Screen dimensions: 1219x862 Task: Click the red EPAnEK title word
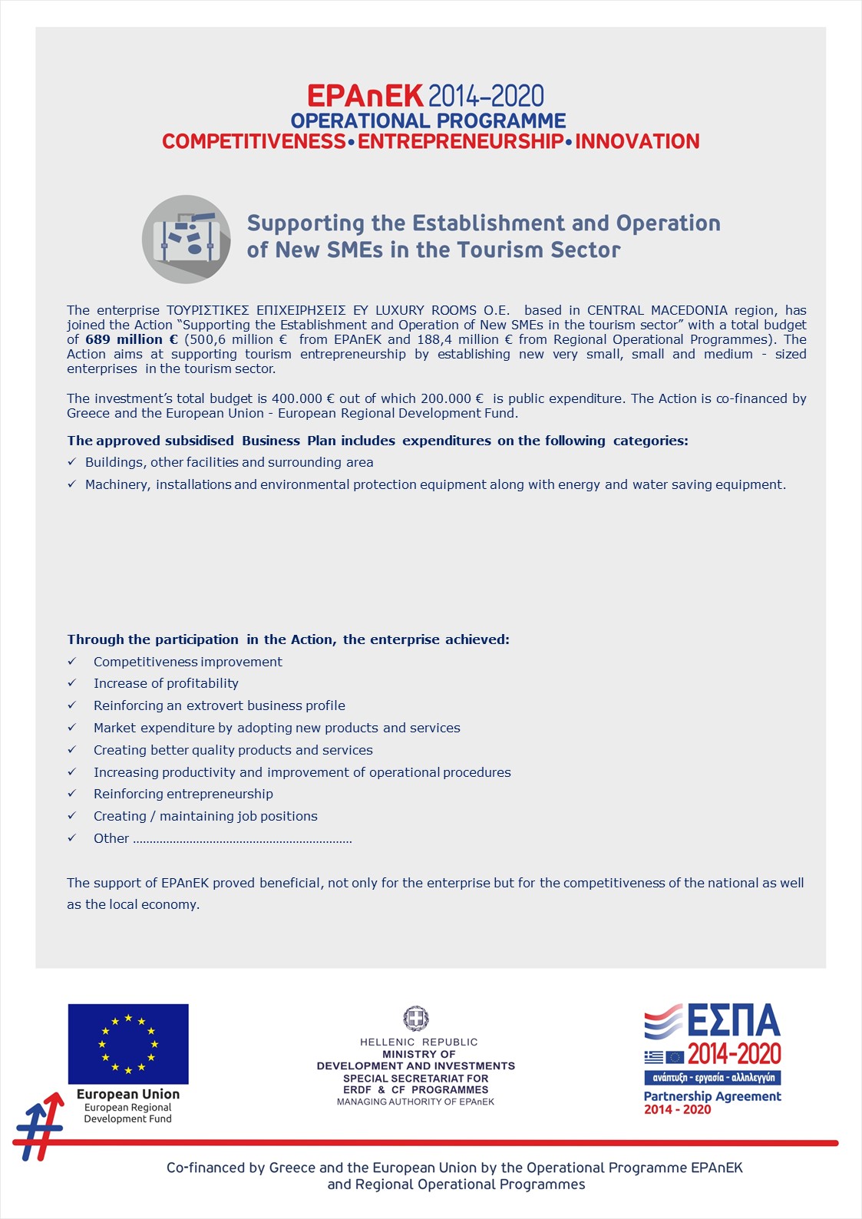(365, 96)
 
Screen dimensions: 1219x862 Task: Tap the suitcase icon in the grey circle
(187, 238)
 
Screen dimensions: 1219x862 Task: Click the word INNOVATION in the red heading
(637, 142)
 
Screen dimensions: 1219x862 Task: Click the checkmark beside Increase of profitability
(72, 683)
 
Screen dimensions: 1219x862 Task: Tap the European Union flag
(128, 1043)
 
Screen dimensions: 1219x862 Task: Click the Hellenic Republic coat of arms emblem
(416, 1019)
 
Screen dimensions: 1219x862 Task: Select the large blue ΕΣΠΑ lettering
(733, 1022)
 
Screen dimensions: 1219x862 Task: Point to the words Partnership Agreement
(712, 1096)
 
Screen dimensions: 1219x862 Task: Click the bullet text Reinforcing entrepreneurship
(183, 794)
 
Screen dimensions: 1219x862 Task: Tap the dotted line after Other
(243, 840)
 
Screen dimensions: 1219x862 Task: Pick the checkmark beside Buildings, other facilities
(72, 462)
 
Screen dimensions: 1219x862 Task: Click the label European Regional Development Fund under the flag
(128, 1113)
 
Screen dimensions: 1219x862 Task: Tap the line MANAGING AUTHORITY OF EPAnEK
(416, 1102)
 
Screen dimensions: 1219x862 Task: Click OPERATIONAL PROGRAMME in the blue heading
(428, 121)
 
